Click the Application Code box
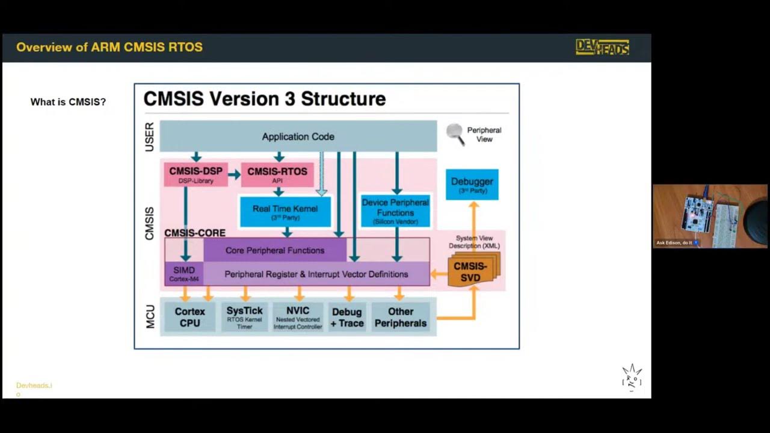[298, 137]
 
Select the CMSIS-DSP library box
[196, 174]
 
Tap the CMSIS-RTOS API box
[277, 174]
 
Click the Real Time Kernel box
[285, 212]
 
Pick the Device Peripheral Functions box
[395, 212]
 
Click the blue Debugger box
[472, 185]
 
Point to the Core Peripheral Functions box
[275, 250]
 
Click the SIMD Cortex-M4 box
[184, 274]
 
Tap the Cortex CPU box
[189, 317]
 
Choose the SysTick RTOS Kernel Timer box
[245, 317]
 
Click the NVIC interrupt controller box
[298, 317]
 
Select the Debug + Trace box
[347, 317]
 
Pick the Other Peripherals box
[400, 317]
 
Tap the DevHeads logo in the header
[602, 48]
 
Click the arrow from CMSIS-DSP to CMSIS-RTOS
[234, 174]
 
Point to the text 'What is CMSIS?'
[68, 102]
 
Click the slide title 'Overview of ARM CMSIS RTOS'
[109, 48]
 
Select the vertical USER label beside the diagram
[149, 137]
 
